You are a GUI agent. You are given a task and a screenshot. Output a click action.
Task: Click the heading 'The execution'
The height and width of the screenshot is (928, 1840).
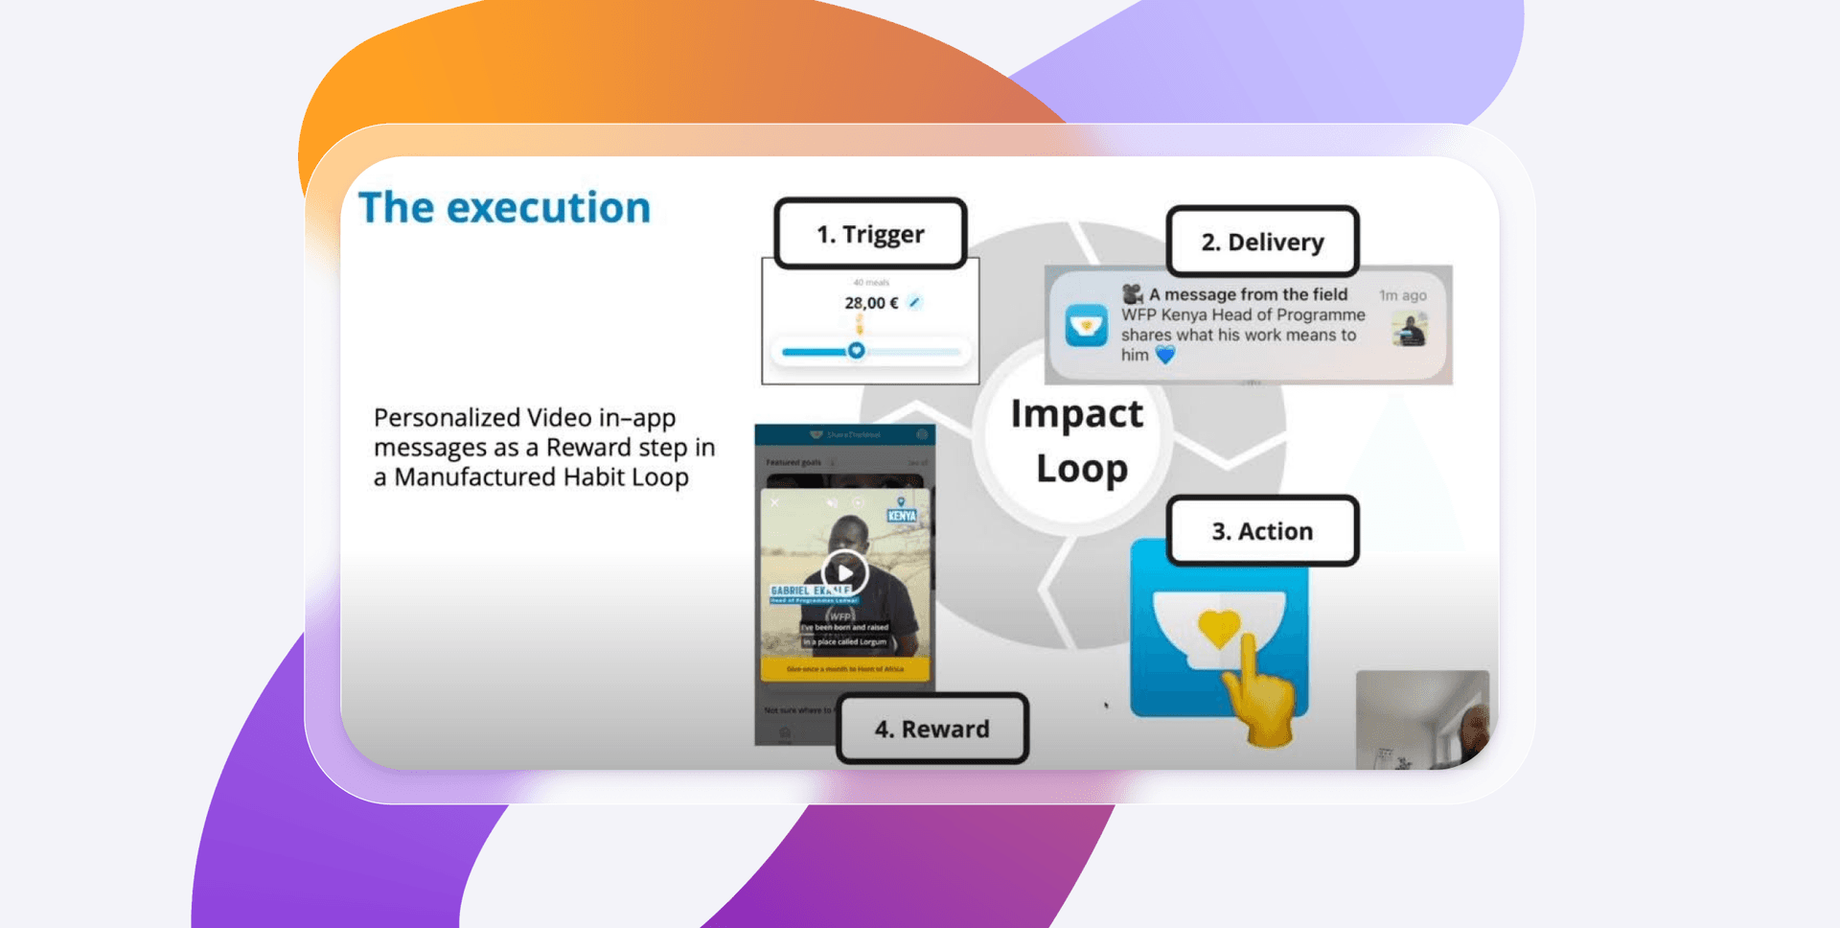pos(504,208)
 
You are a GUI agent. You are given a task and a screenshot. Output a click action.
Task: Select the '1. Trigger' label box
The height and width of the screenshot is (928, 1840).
pos(870,234)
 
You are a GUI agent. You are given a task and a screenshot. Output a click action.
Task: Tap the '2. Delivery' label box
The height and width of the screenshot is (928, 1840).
pos(1262,243)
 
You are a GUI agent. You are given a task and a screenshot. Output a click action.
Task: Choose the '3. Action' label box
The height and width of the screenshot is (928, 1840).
pos(1262,531)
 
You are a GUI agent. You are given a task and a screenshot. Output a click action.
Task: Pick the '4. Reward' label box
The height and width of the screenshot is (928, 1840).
pos(931,730)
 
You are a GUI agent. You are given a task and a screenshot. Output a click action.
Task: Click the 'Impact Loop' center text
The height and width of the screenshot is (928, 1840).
pos(1077,441)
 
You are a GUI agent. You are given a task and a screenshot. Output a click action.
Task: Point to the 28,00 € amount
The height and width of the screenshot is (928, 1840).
pos(870,303)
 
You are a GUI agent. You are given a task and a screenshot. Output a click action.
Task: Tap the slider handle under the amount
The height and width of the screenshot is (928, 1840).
pos(857,351)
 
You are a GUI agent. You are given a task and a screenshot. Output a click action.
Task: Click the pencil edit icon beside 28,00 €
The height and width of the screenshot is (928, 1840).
pos(914,302)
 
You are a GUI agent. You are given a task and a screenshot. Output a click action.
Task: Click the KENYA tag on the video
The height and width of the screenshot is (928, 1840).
pos(902,515)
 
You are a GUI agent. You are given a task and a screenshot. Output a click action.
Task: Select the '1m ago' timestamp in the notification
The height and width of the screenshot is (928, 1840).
pos(1402,295)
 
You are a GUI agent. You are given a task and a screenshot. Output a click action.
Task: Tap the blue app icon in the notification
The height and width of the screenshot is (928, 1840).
pos(1086,325)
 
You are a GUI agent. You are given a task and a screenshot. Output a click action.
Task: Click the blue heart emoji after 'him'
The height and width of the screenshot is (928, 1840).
pos(1165,355)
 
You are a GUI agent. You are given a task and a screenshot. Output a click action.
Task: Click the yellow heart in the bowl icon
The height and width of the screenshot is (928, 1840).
pos(1218,626)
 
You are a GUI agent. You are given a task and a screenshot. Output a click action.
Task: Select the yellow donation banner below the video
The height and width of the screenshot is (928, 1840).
pos(844,668)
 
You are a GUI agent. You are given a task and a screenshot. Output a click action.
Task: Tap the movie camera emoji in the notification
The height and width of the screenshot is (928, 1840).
pos(1133,293)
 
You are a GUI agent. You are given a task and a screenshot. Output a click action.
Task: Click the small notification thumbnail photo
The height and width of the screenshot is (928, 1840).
pos(1410,330)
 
